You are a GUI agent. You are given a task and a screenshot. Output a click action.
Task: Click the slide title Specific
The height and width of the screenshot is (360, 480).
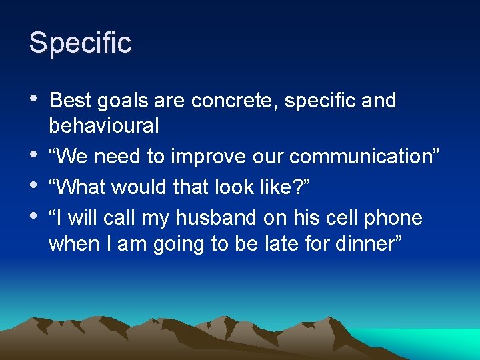(x=80, y=43)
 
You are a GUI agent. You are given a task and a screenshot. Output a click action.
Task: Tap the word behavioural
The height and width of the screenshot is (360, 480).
(x=103, y=125)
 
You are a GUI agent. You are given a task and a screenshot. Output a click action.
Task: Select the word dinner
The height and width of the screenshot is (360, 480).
(x=363, y=244)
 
